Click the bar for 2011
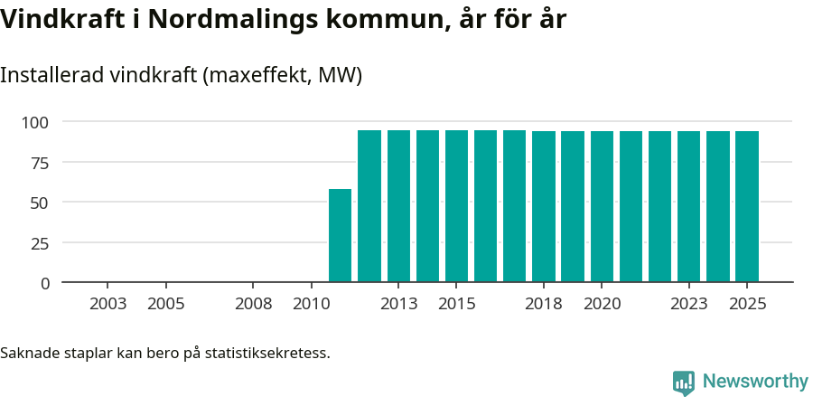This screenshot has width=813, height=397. point(340,236)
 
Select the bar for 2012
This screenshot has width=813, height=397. point(369,206)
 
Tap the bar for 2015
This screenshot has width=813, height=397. point(456,206)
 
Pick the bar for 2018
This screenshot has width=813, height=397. point(544,207)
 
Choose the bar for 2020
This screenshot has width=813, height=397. point(602,207)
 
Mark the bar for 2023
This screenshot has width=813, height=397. point(689,207)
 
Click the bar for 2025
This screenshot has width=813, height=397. point(747,207)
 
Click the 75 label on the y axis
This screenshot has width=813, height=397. point(40,163)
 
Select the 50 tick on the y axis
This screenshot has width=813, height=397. point(40,203)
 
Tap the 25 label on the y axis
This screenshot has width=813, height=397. point(40,243)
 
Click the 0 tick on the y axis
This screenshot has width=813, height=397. point(45,283)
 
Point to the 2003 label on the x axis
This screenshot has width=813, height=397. point(107,304)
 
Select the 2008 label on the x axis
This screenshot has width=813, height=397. point(253,304)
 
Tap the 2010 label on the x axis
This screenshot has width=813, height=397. point(311,304)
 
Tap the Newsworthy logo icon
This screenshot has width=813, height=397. point(684,382)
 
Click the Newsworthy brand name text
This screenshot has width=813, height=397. point(754,382)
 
